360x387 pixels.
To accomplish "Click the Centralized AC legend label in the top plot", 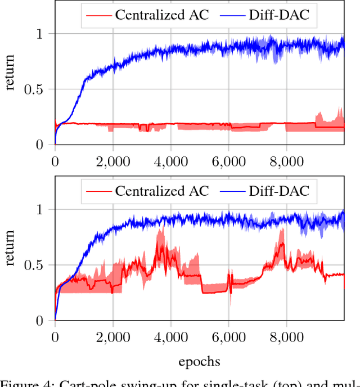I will click(161, 15).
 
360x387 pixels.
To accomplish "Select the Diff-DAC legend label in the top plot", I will click(280, 15).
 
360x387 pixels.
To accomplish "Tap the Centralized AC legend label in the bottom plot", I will click(161, 191).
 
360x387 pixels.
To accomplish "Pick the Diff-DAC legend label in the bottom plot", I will click(280, 191).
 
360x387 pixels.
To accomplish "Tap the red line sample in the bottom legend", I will click(97, 191).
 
